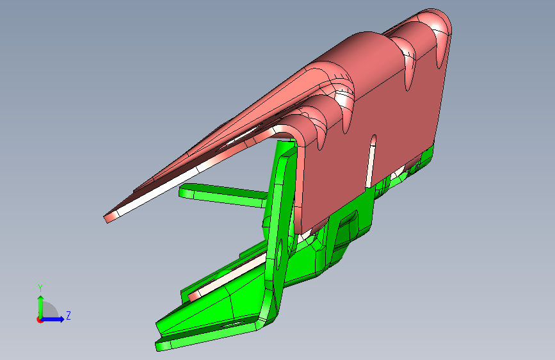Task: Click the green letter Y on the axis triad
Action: [40, 288]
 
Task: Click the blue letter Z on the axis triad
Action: [68, 315]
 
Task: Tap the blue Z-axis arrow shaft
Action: [52, 319]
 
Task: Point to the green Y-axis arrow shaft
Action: [41, 307]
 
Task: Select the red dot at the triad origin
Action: [40, 320]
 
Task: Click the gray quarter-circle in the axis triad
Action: [49, 311]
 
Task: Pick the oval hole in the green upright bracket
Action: [280, 254]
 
